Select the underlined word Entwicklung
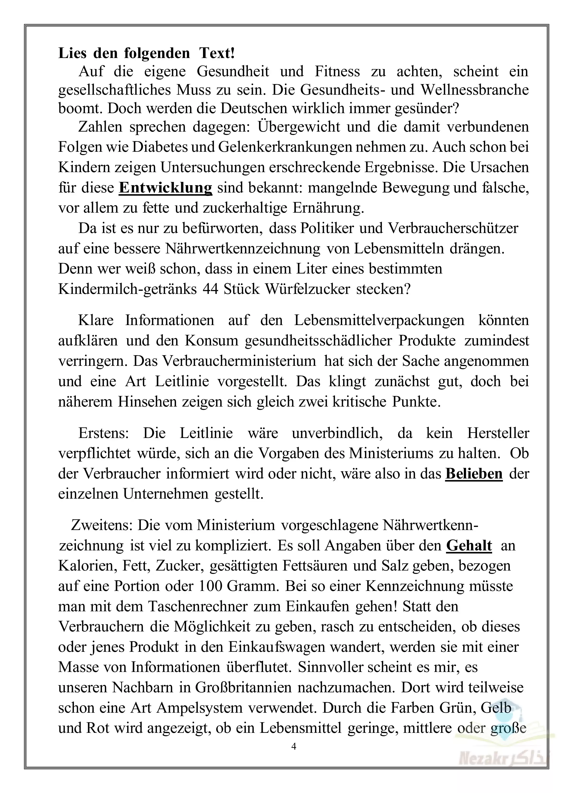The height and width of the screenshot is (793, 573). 165,188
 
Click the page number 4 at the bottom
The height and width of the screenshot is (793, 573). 294,746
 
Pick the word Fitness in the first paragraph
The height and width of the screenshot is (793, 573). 337,72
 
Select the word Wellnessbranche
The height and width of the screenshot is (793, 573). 474,90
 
